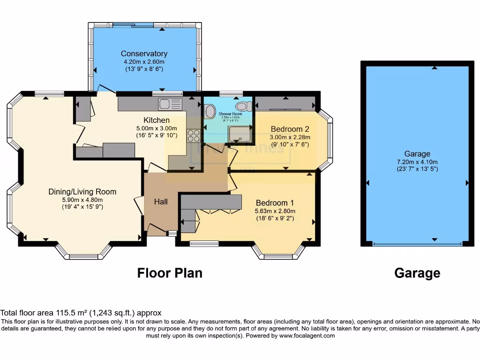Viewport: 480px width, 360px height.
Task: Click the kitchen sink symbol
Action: (x=170, y=104)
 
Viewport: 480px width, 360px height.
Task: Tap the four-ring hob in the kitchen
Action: (x=193, y=135)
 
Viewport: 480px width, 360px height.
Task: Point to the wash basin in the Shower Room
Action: (x=210, y=112)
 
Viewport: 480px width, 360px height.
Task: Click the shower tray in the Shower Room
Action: (x=240, y=134)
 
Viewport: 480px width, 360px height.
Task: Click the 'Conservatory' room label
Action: (x=144, y=53)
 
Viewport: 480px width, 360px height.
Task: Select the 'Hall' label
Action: (x=161, y=202)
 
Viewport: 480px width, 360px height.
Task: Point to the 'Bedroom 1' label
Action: (x=275, y=203)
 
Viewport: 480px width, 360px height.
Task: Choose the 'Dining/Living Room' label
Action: (x=82, y=192)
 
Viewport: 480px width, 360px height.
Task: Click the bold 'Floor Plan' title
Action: (x=170, y=273)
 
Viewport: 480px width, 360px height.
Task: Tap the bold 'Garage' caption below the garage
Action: (x=417, y=273)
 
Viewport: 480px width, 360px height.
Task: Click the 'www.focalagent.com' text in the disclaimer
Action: (x=307, y=336)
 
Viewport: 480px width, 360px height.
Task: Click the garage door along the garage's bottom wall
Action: (x=417, y=244)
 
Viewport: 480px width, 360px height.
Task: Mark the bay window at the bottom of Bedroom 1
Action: (x=278, y=254)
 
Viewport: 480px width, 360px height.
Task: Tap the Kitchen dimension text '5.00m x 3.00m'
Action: (x=157, y=128)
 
